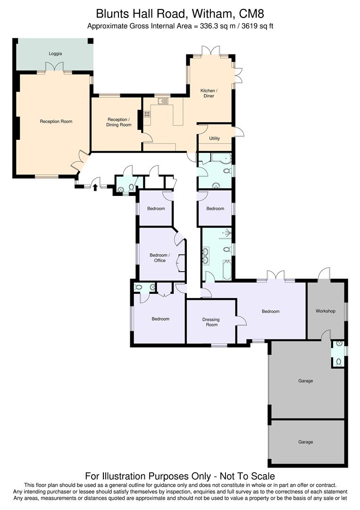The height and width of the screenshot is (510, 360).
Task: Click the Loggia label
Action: [55, 54]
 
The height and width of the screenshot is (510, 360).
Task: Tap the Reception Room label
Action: [56, 121]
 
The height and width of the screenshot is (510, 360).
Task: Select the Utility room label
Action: [214, 138]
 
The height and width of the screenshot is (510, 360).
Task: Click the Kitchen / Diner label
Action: [209, 93]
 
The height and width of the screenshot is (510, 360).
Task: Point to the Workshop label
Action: [325, 311]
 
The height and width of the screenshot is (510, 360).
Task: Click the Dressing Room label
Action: [211, 322]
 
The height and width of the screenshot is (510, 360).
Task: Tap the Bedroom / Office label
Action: [159, 258]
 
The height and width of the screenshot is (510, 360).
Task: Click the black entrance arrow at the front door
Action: [95, 187]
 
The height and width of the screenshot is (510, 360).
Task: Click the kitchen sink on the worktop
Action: [163, 101]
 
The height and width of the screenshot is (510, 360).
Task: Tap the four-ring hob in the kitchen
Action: [147, 113]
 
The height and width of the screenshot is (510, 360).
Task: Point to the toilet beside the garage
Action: [338, 362]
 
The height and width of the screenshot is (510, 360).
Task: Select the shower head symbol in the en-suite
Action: [228, 232]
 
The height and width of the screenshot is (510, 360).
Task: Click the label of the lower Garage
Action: [305, 442]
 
